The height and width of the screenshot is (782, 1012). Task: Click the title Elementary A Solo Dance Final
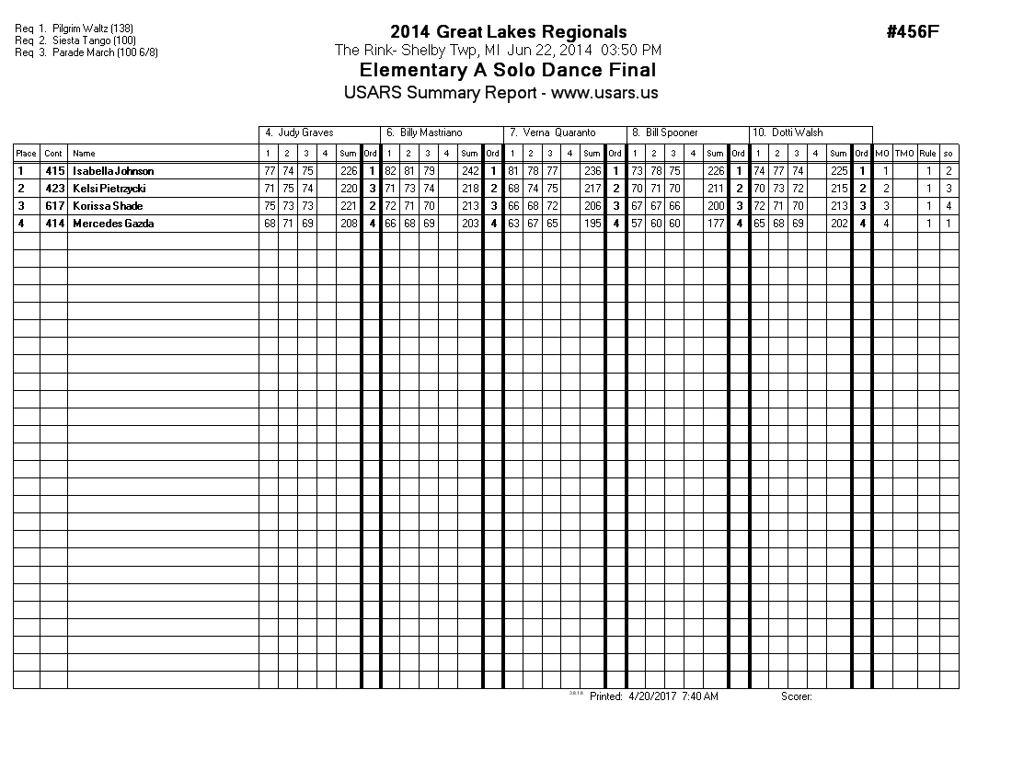tap(508, 71)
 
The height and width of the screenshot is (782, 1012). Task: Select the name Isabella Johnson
tap(113, 171)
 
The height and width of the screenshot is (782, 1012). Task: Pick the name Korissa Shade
tap(108, 206)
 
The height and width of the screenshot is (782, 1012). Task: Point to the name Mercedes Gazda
tap(114, 224)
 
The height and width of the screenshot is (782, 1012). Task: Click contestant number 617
tap(54, 206)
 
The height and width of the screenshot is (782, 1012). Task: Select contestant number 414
tap(54, 224)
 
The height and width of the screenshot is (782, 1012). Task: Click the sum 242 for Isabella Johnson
tap(470, 171)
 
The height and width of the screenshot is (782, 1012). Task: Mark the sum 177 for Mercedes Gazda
tap(716, 224)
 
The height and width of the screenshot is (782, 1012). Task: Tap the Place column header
tap(26, 154)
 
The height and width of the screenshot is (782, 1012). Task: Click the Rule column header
tap(928, 154)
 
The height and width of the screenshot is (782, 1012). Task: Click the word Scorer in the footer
tap(796, 696)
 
